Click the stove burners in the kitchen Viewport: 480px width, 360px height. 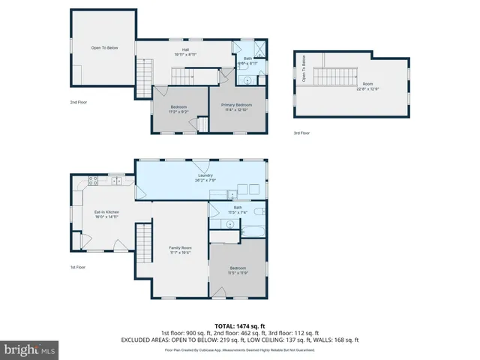coord(94,180)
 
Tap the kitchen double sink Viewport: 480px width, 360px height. coord(116,181)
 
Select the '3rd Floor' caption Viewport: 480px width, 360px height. coord(301,133)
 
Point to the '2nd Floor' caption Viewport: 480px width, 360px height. coord(78,102)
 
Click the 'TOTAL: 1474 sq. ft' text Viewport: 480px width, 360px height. coord(239,325)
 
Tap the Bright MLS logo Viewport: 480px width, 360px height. coord(30,349)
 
